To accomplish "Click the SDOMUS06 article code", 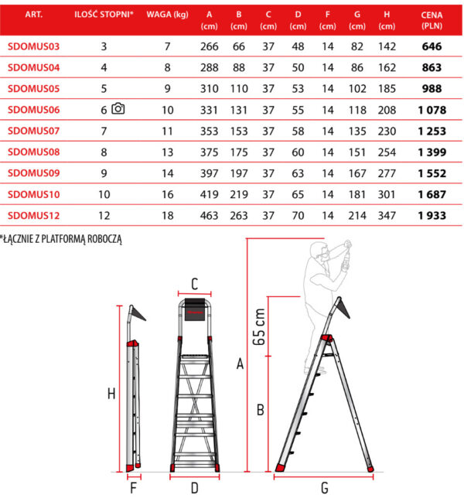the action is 33,110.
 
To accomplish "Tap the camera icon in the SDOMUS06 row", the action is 118,108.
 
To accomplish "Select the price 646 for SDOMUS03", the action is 432,46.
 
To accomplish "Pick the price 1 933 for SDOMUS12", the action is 432,216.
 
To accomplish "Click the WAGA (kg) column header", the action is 167,15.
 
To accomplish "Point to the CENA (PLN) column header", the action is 432,20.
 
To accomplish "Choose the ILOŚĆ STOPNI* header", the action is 104,15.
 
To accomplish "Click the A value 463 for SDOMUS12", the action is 210,216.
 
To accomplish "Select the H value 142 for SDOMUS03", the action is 387,46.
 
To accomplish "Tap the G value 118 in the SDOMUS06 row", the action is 357,110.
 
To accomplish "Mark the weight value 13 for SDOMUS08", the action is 167,152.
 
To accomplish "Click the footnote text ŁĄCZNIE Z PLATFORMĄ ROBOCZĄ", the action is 61,239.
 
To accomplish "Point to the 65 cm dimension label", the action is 259,326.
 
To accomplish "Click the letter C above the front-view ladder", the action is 195,284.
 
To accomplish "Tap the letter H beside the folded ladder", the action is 111,394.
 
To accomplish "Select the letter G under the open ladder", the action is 325,488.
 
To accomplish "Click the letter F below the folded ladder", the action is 134,488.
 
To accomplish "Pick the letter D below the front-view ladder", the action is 195,488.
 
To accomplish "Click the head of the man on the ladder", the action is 319,251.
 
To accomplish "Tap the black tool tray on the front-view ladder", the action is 195,309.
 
